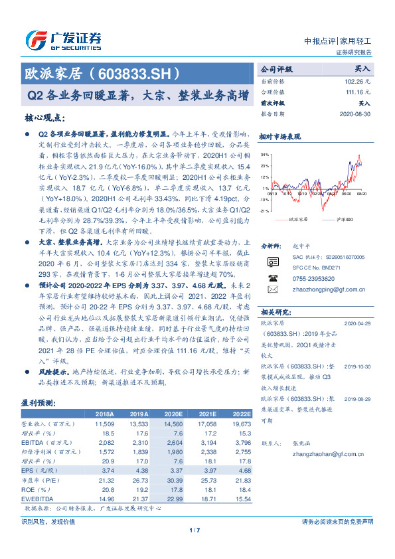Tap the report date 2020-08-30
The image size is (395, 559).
click(x=357, y=114)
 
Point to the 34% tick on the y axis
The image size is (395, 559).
click(x=264, y=155)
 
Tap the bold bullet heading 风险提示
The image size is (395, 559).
click(x=52, y=372)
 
